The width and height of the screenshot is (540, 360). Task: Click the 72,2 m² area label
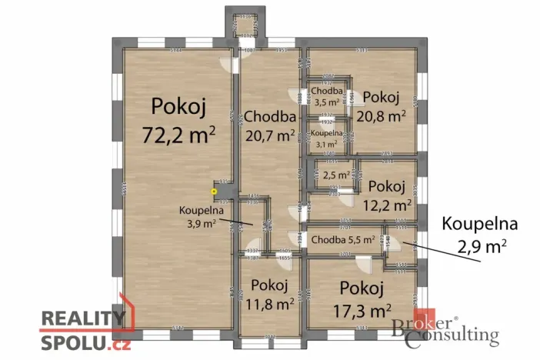(x=178, y=135)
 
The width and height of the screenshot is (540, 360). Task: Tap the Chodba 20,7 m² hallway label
(x=270, y=127)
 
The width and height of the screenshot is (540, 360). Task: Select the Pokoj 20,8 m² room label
(x=381, y=107)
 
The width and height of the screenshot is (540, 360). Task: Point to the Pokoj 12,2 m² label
(x=386, y=195)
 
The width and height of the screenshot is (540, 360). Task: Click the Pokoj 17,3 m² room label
(x=362, y=300)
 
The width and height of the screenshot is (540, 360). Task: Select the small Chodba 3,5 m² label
(x=326, y=96)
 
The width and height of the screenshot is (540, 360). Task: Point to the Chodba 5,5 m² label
(x=343, y=240)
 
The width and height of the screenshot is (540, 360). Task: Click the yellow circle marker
(x=215, y=191)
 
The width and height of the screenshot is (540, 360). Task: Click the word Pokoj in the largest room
(x=178, y=105)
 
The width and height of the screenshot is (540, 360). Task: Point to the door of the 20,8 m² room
(x=352, y=99)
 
